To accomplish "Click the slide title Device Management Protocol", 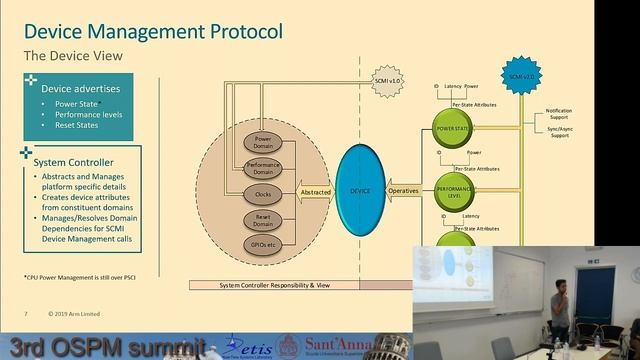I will tap(153, 30).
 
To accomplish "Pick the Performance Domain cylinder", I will tap(265, 168).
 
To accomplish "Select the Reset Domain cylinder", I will tap(265, 218).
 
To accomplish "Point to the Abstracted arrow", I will tap(315, 191).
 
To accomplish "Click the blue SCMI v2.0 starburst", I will tap(518, 76).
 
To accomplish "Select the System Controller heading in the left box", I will tap(73, 162).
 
